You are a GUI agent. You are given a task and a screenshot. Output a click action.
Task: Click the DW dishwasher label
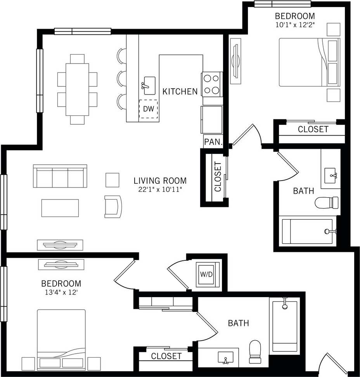(x=149, y=109)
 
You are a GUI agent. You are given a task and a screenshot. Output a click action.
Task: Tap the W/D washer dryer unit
(x=206, y=274)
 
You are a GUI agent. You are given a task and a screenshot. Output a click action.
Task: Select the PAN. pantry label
(x=213, y=142)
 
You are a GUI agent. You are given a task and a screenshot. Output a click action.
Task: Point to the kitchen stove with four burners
(x=211, y=84)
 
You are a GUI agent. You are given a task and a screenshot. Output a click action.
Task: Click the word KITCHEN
(x=180, y=92)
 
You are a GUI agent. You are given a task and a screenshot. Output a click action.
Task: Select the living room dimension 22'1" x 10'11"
(x=160, y=189)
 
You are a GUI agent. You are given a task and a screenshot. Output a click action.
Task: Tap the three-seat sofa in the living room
(x=60, y=177)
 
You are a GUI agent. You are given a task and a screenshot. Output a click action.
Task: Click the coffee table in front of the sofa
(x=60, y=208)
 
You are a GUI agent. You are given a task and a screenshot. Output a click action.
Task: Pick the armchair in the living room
(x=113, y=206)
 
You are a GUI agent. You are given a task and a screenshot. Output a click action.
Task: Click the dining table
(x=77, y=89)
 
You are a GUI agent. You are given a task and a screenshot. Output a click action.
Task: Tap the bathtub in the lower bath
(x=284, y=325)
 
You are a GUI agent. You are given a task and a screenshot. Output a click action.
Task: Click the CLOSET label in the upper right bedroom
(x=313, y=129)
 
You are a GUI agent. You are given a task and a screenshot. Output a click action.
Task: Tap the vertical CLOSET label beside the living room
(x=218, y=177)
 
